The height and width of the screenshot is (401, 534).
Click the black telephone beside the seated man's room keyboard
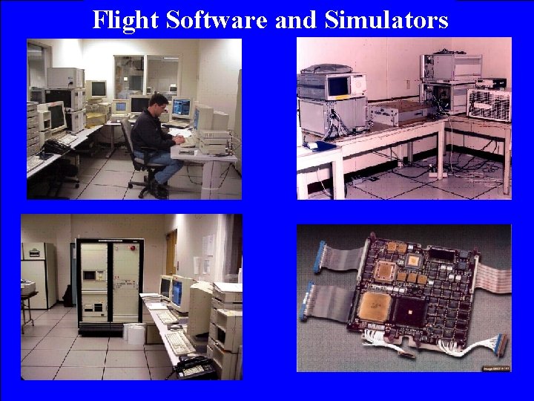point(54,146)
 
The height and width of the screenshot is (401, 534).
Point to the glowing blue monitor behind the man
point(180,108)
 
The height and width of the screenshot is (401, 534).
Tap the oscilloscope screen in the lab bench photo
point(340,87)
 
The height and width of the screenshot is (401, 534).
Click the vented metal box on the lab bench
point(488,104)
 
